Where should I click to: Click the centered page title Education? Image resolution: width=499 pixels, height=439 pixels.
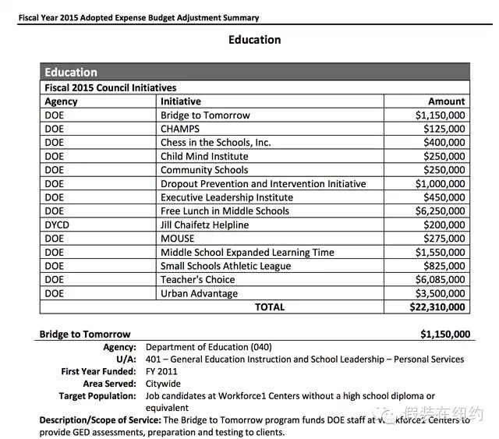(254, 40)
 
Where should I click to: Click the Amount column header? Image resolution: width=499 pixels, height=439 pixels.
(446, 101)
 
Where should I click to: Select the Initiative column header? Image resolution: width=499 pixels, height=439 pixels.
(181, 101)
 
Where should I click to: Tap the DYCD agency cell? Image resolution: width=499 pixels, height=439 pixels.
(59, 225)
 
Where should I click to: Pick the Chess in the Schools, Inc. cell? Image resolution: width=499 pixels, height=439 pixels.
(216, 143)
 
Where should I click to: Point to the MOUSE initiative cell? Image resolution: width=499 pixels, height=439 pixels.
(178, 239)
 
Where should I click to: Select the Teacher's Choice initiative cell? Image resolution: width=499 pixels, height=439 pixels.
(198, 280)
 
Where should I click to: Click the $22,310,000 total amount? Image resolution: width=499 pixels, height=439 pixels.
(437, 307)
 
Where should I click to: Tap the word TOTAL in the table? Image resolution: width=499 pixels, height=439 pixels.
(270, 307)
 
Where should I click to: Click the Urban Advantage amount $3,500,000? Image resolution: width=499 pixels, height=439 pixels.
(440, 294)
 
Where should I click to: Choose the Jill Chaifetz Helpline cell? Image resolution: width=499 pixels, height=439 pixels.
(205, 225)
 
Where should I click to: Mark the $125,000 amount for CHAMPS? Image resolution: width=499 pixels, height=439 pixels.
(444, 129)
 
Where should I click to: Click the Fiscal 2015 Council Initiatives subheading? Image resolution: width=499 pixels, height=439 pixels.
(111, 88)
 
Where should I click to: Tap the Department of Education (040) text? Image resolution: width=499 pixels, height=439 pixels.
(209, 347)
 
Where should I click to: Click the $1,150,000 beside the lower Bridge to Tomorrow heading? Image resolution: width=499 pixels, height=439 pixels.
(445, 335)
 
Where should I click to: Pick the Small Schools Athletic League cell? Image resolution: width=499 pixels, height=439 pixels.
(226, 266)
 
